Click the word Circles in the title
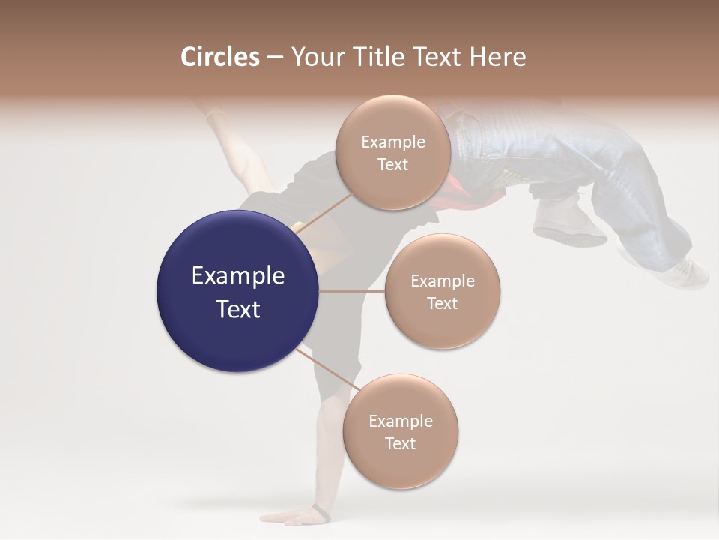[x=219, y=57]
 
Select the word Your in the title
[x=315, y=57]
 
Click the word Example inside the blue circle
[x=237, y=276]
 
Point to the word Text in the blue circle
[x=237, y=309]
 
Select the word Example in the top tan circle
[x=392, y=142]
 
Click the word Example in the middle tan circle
[x=442, y=280]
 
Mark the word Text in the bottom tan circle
[x=400, y=443]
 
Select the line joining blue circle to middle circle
[x=351, y=291]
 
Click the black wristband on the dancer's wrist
[x=321, y=513]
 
